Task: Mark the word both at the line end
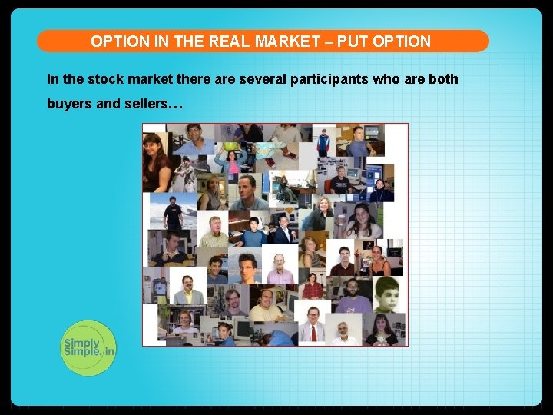(442, 79)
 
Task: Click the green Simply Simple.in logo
(88, 347)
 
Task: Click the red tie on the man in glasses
(313, 332)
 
